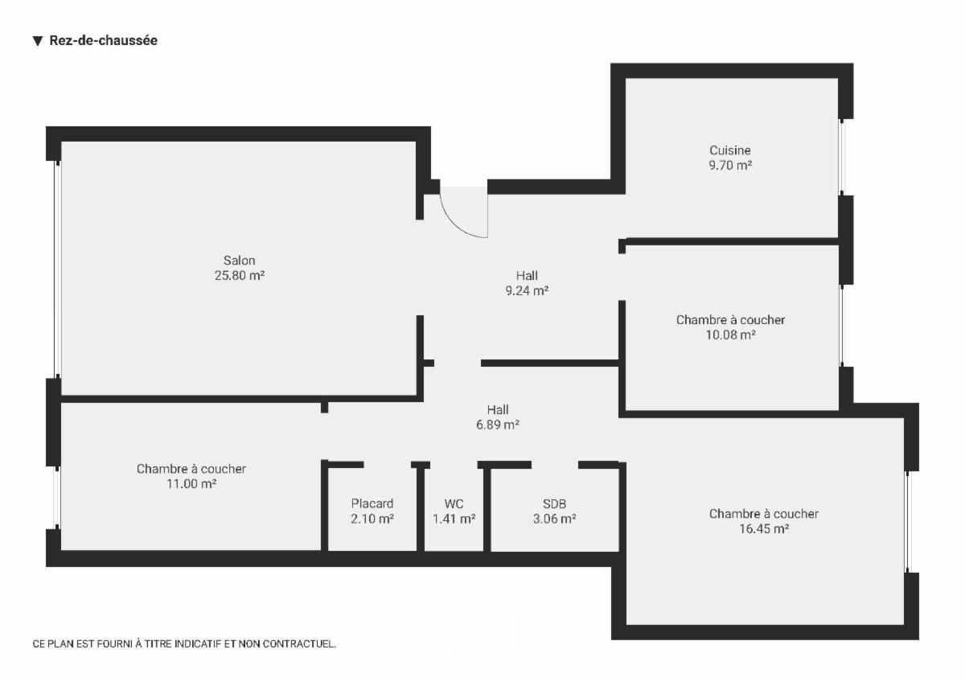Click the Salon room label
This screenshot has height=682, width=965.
(x=240, y=261)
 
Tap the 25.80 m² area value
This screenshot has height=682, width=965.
(x=240, y=276)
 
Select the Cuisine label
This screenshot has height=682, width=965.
(x=730, y=150)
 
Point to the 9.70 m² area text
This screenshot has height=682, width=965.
(x=730, y=166)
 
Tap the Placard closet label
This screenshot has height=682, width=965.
(x=372, y=504)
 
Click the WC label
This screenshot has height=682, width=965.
(x=454, y=504)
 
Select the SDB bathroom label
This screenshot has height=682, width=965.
(x=555, y=504)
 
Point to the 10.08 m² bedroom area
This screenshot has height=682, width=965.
(x=730, y=335)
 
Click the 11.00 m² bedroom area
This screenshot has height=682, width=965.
(x=191, y=484)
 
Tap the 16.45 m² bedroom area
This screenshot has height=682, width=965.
(x=763, y=529)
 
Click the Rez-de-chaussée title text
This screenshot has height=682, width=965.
(x=103, y=41)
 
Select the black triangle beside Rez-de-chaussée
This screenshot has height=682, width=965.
(x=37, y=41)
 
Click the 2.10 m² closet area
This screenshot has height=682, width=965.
(x=372, y=520)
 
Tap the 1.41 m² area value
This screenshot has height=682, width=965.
(x=454, y=520)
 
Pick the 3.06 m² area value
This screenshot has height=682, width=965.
(x=555, y=520)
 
